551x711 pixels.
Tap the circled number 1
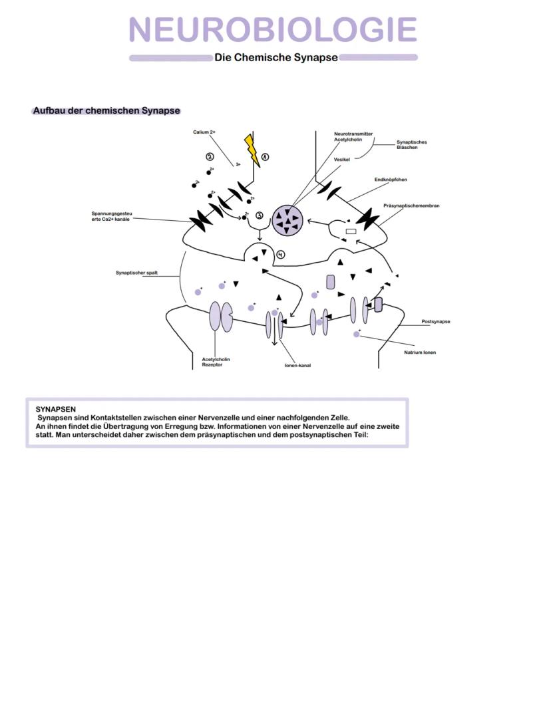pos(265,157)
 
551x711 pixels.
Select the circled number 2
pos(210,156)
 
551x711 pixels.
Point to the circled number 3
pos(260,215)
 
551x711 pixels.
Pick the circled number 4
pos(281,254)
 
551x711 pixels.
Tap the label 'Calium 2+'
pos(204,132)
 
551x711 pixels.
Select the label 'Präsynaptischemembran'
pos(411,206)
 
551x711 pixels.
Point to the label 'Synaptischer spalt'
pos(136,273)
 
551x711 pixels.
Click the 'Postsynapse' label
pos(436,322)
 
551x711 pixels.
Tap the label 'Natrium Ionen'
pos(420,352)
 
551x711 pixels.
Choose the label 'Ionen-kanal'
pos(293,364)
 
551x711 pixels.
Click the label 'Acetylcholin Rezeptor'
pos(216,362)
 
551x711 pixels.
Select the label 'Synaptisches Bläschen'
pos(411,144)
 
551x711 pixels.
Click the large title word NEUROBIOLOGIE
pos(273,30)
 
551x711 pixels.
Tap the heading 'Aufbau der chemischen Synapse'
pos(106,110)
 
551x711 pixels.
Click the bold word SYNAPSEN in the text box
pos(56,409)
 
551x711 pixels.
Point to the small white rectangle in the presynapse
pos(351,231)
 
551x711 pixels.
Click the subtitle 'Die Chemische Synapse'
pos(275,58)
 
